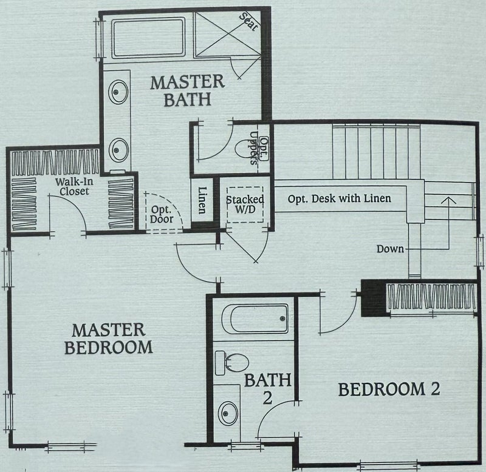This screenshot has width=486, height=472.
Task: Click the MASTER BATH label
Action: tap(188, 91)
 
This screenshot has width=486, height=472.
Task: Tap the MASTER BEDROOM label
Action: tap(109, 339)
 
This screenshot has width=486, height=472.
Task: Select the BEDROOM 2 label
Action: tap(389, 389)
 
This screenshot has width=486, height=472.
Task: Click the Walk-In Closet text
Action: tap(74, 187)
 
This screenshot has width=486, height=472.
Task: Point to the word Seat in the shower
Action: tap(248, 21)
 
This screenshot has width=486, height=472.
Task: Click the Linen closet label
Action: tap(202, 200)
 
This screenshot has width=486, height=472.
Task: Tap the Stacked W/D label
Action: tap(245, 204)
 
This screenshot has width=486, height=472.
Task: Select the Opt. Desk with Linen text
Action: tap(340, 199)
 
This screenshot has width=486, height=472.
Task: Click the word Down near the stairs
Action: tap(390, 249)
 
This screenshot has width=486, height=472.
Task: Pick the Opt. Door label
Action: tap(162, 215)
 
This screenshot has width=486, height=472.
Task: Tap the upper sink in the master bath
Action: tap(118, 92)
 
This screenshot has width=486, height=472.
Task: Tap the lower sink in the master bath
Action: tap(118, 150)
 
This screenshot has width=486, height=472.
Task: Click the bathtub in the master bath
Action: tap(148, 38)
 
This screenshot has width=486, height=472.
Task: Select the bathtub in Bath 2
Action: tap(255, 319)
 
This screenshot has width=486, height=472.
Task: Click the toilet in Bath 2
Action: tap(232, 363)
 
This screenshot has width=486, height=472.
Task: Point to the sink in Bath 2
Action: tap(228, 414)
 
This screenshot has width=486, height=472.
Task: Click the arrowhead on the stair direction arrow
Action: tap(448, 200)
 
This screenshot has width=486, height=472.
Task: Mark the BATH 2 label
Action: tap(268, 389)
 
